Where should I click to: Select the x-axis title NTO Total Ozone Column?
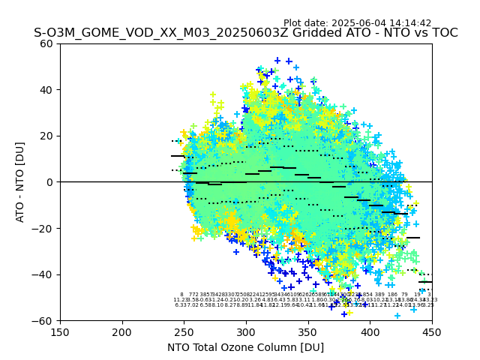click(245, 347)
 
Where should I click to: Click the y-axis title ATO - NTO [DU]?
click(20, 182)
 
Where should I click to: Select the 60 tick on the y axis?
click(46, 43)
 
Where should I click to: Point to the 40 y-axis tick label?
click(46, 90)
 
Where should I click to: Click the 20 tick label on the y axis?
click(46, 136)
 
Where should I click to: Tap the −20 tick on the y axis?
click(43, 228)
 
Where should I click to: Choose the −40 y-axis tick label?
click(43, 274)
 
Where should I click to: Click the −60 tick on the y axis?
click(43, 320)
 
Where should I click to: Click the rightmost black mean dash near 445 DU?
click(425, 282)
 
